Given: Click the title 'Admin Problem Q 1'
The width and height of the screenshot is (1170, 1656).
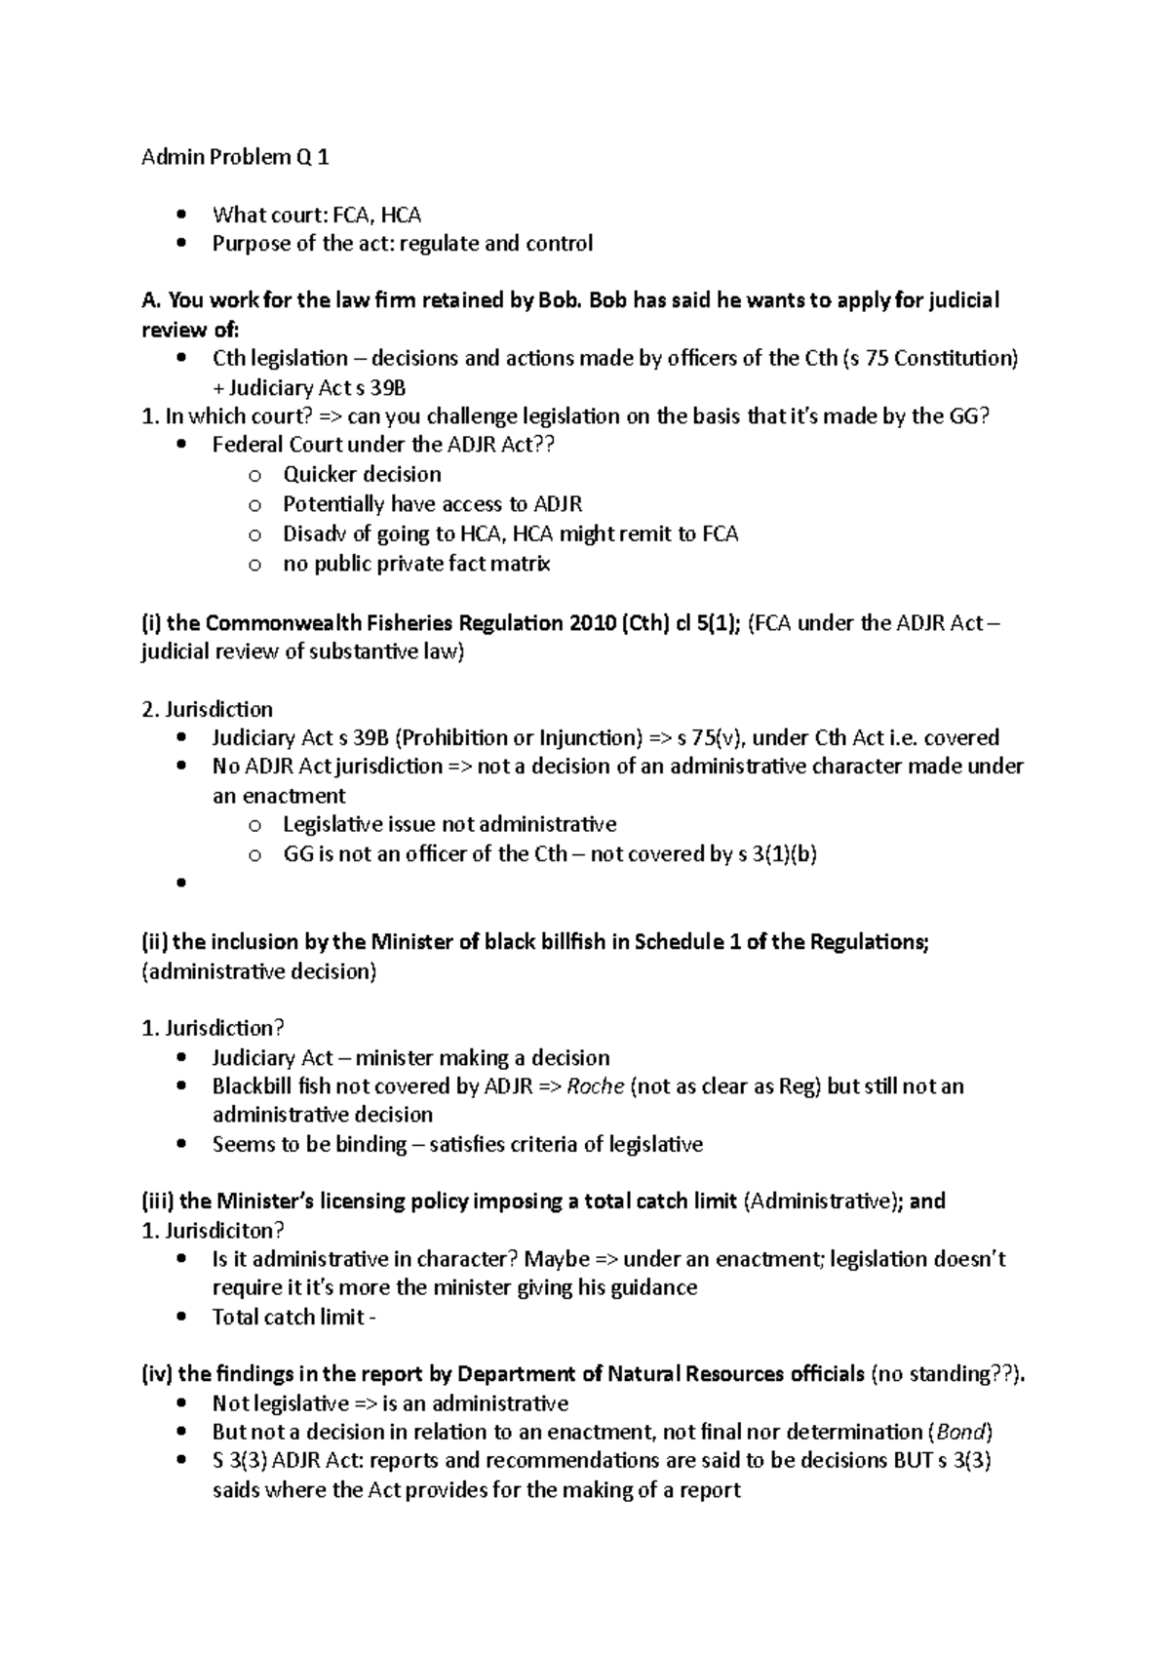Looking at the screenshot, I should pos(235,157).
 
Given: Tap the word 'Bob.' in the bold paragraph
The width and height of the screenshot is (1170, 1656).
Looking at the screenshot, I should pos(561,300).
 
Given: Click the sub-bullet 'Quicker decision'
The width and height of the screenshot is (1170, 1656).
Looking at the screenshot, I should pos(362,475).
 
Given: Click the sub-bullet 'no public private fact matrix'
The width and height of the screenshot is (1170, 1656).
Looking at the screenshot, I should pos(416,564).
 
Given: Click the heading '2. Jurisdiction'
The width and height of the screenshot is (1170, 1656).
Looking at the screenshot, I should pos(207,709).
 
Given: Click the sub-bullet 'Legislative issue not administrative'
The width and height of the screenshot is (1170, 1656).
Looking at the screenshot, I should pos(449,824).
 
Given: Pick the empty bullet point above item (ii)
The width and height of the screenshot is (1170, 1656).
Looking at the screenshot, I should pos(181,884).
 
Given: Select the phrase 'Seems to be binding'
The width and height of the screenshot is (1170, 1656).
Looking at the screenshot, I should pos(309,1144).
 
